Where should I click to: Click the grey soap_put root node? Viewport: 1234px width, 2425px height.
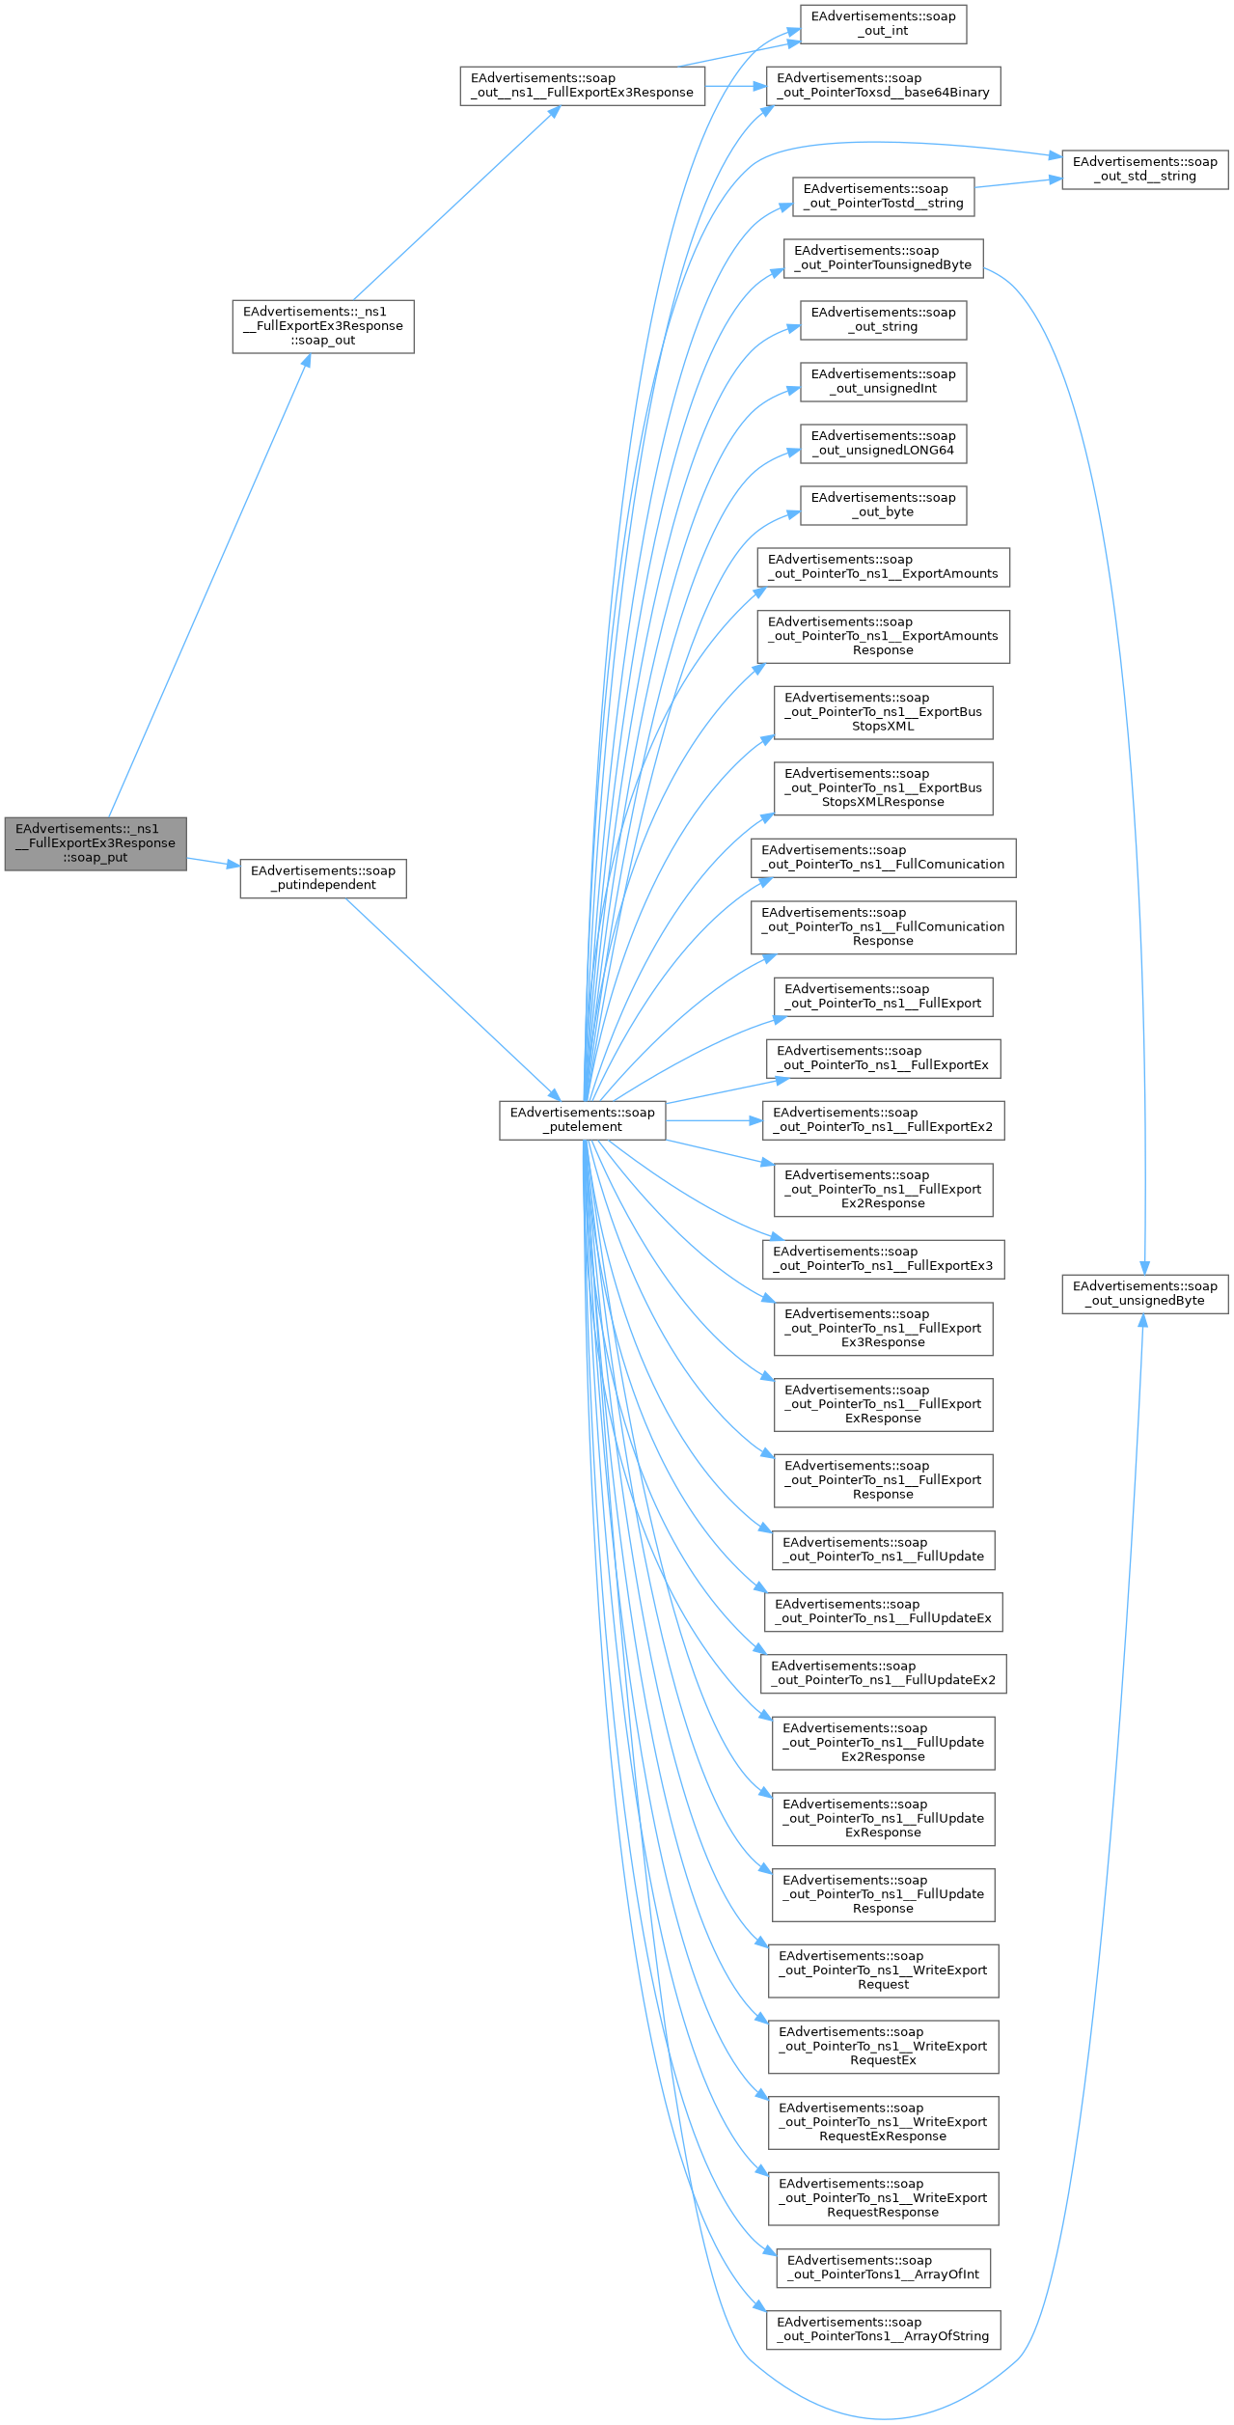[x=96, y=842]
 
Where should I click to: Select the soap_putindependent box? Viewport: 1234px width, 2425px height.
[x=323, y=877]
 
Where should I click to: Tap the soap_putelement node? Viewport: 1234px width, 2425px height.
[x=582, y=1119]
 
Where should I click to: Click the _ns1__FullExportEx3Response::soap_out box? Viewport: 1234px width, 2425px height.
[x=323, y=326]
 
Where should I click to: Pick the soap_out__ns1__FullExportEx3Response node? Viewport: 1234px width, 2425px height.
[x=582, y=85]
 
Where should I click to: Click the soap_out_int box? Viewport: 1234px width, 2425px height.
[x=883, y=23]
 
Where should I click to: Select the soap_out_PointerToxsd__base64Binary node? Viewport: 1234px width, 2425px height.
[x=883, y=85]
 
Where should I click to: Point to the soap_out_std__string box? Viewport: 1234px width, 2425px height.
[x=1145, y=169]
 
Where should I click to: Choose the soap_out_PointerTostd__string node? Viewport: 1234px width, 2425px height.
[x=883, y=196]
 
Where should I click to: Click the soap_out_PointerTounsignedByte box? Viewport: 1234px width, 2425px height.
[x=883, y=258]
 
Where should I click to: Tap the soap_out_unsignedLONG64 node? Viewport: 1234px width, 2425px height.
[x=883, y=443]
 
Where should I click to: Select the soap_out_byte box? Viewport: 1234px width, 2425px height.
[x=883, y=505]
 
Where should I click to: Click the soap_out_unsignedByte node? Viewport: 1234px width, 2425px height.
[x=1145, y=1293]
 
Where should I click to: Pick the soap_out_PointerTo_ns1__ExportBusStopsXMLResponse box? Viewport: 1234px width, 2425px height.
[x=883, y=787]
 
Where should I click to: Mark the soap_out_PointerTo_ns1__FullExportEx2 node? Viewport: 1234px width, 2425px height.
[x=883, y=1119]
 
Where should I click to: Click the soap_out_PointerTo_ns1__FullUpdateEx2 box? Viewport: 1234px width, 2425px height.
[x=883, y=1672]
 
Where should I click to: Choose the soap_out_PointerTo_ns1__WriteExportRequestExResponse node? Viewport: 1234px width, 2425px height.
[x=883, y=2122]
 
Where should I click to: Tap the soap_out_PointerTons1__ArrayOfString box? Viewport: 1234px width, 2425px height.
[x=883, y=2329]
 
